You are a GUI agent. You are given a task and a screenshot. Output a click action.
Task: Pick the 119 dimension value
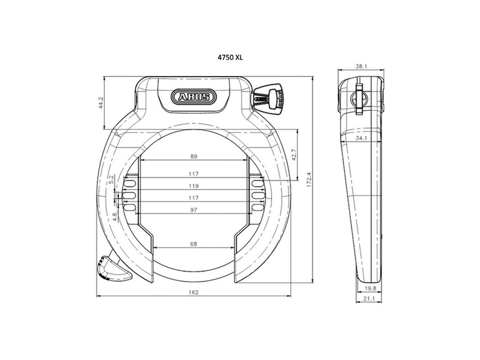(x=193, y=186)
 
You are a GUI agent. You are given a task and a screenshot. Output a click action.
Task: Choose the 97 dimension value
(x=193, y=210)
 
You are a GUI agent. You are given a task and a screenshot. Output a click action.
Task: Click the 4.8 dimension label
(x=115, y=217)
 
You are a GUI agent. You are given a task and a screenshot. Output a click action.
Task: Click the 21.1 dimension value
(x=369, y=300)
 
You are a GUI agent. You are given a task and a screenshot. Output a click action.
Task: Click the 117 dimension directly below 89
(x=193, y=174)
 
